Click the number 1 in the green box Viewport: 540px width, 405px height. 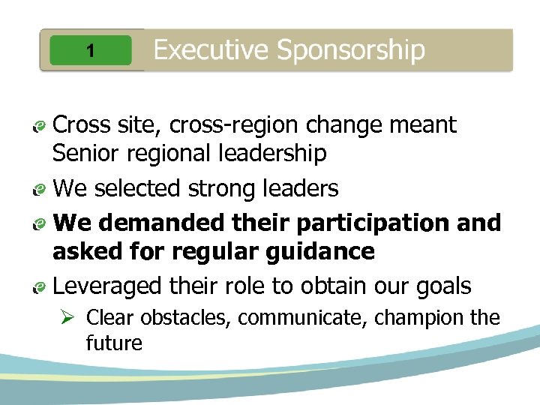click(x=90, y=51)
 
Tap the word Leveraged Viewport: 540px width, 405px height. click(x=107, y=286)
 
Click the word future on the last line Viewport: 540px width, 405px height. click(x=114, y=343)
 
